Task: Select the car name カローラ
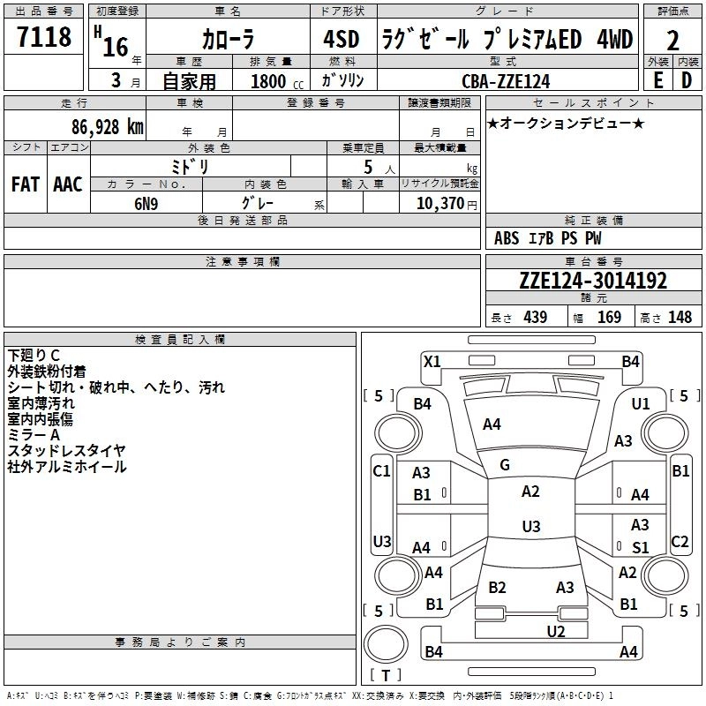click(228, 40)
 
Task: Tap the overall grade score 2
click(672, 41)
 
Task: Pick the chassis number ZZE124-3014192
click(593, 281)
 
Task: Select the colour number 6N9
click(146, 203)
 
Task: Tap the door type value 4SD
click(342, 39)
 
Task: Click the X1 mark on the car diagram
click(432, 361)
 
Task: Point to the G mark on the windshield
click(505, 465)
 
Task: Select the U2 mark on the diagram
click(555, 630)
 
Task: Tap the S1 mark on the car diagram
click(641, 547)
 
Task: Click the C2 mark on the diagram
click(680, 541)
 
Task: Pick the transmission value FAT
click(25, 184)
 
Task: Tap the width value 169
click(609, 317)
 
